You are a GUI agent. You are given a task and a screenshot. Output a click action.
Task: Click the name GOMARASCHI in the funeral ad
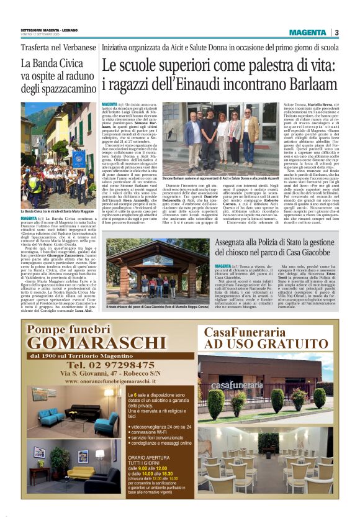pyautogui.click(x=96, y=342)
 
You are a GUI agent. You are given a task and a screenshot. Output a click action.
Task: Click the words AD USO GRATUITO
pyautogui.click(x=261, y=343)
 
